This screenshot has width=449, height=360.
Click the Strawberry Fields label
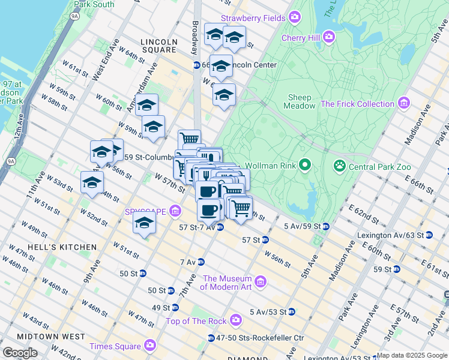point(253,19)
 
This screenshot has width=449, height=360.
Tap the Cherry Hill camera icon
point(329,37)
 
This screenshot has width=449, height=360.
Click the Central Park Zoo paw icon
point(340,164)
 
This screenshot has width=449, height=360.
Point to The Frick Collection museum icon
point(403,104)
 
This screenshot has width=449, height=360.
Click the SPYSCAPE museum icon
point(175,211)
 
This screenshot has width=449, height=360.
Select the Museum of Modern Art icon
point(261,281)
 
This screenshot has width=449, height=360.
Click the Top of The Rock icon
point(236,320)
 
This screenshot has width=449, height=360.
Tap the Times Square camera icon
point(149,346)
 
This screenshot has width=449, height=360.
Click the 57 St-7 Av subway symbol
point(220,227)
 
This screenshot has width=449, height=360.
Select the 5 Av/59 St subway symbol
point(326,226)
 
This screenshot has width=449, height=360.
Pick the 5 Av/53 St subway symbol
point(291,311)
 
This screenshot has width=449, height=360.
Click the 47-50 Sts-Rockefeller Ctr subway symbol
point(211,338)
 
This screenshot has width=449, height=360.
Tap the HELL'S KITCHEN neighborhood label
point(65,247)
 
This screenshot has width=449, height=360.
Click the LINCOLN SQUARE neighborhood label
point(158,46)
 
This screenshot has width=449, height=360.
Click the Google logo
point(20,353)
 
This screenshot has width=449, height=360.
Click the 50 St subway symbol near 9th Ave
point(143,273)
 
